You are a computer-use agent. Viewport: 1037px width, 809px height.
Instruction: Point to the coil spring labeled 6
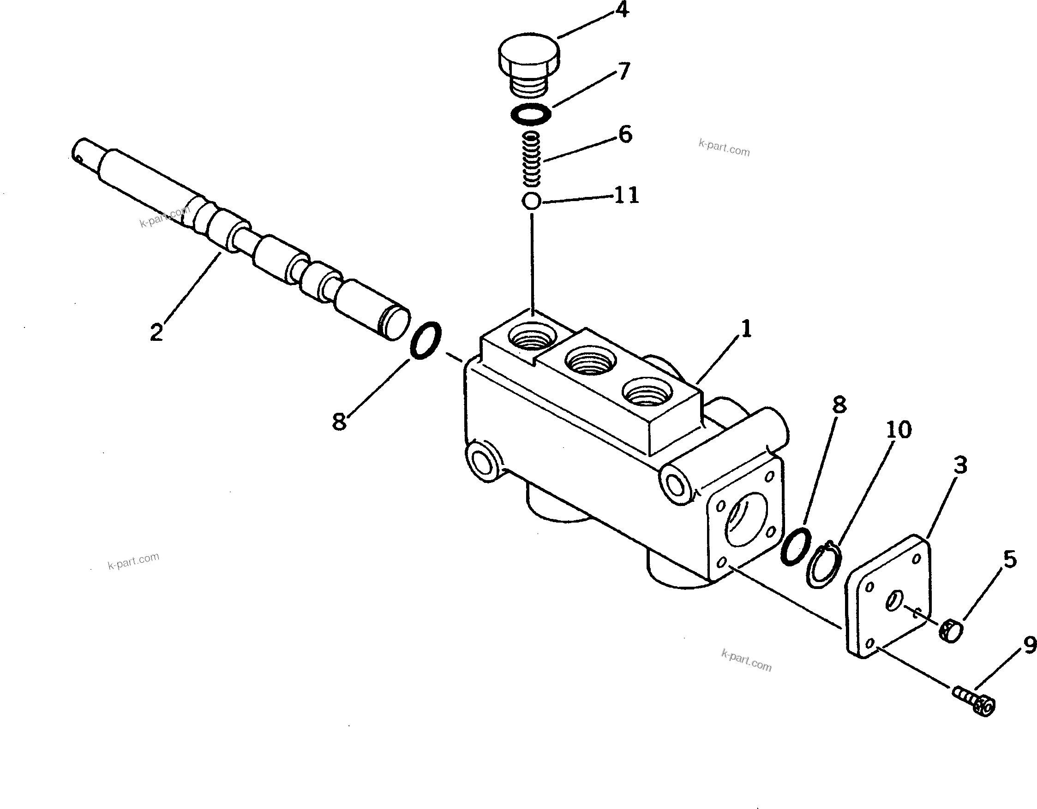[x=532, y=159]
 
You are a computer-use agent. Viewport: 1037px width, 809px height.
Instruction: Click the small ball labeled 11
[x=531, y=201]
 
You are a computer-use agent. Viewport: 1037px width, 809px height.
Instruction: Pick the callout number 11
[x=626, y=195]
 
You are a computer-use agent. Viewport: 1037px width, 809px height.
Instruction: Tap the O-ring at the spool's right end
[x=426, y=340]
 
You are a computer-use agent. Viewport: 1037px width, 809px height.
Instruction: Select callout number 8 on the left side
[x=339, y=421]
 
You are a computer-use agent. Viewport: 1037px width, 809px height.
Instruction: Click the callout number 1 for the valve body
[x=746, y=329]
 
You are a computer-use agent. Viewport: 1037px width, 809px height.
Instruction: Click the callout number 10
[x=899, y=430]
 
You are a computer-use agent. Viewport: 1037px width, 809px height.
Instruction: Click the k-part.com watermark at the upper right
[x=724, y=148]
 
